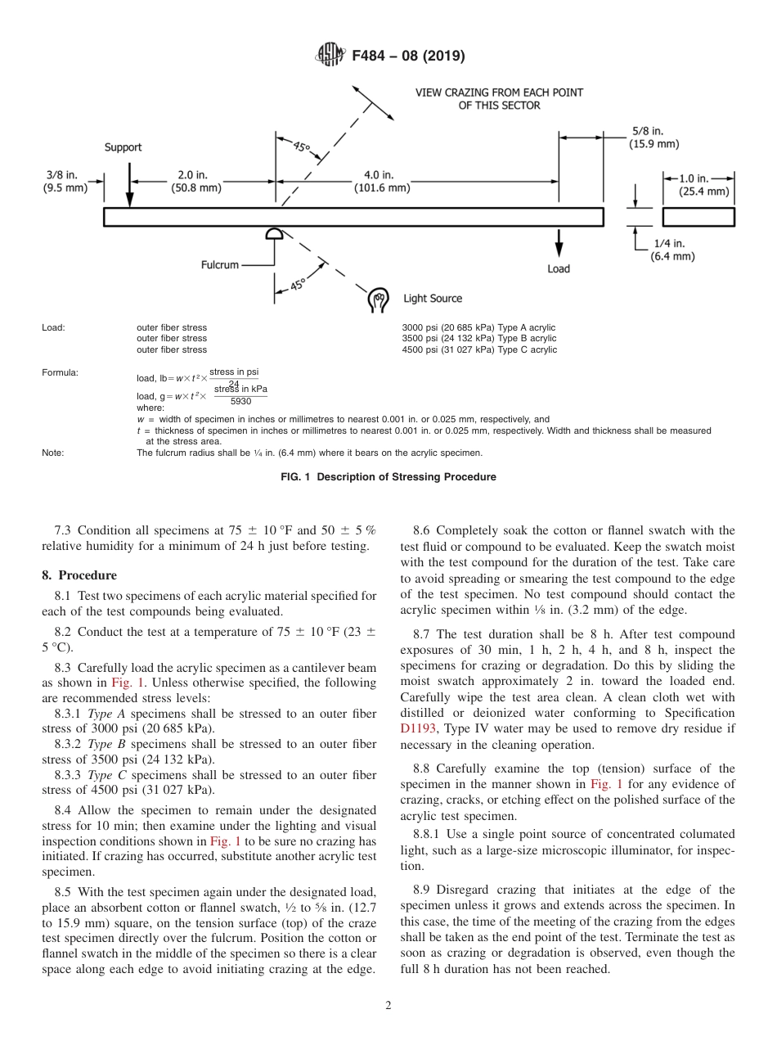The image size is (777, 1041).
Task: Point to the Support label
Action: pyautogui.click(x=123, y=147)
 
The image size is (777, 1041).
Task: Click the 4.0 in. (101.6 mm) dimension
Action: pyautogui.click(x=382, y=182)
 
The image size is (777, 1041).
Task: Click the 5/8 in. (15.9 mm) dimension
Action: pyautogui.click(x=654, y=137)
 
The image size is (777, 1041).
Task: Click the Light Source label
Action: pyautogui.click(x=432, y=299)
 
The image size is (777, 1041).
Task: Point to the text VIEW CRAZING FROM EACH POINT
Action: pyautogui.click(x=499, y=92)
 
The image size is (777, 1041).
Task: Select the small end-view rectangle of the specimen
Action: pyautogui.click(x=698, y=216)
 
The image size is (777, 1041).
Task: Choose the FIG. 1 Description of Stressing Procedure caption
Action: pyautogui.click(x=388, y=477)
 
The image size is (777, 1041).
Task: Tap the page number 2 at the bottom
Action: pyautogui.click(x=388, y=1006)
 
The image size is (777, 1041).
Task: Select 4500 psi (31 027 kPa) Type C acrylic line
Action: pyautogui.click(x=479, y=350)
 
